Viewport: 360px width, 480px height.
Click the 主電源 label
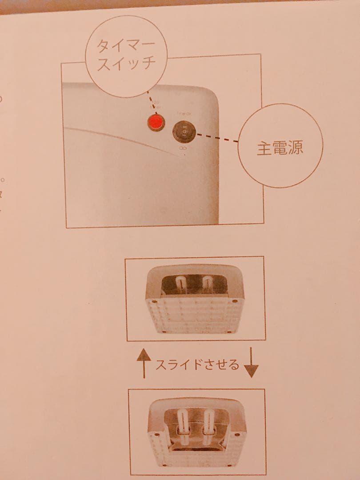[280, 148]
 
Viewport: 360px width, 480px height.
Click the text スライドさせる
[197, 365]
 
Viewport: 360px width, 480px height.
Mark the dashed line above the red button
[152, 100]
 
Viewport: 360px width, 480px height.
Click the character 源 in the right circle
[295, 148]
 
